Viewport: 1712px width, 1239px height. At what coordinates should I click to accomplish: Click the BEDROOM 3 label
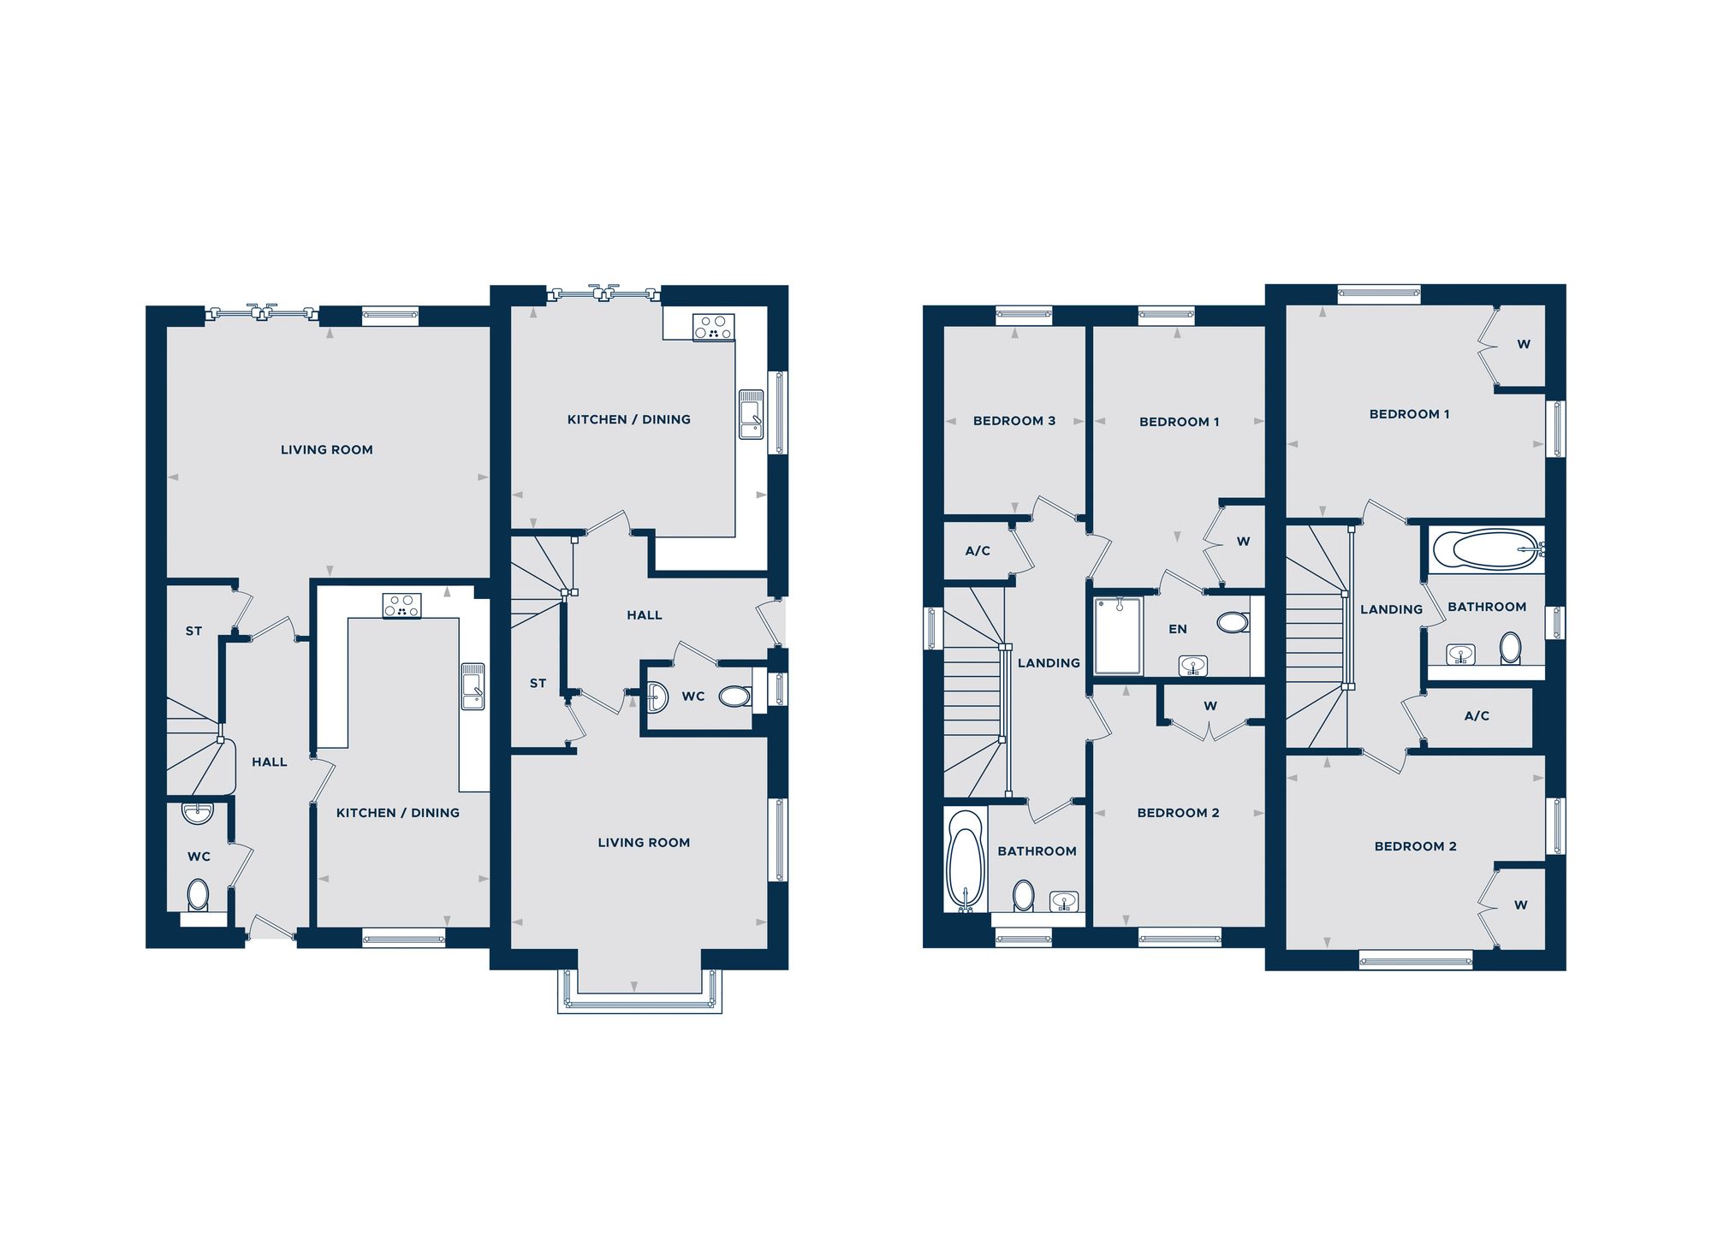pos(1014,420)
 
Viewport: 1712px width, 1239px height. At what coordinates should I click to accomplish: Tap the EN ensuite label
pos(1177,629)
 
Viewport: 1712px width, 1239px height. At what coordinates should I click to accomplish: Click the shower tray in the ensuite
pos(1118,636)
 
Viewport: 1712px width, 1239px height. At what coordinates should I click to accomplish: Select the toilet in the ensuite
pos(1232,622)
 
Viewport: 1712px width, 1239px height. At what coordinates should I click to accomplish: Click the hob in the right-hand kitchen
pos(713,327)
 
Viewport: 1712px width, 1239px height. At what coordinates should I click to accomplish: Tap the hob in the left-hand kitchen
pos(401,606)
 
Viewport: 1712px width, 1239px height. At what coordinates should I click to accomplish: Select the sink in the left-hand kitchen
pos(473,686)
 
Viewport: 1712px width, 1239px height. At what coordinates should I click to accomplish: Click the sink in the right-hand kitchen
pos(751,414)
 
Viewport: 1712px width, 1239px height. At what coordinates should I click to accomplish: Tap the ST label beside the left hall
pos(193,631)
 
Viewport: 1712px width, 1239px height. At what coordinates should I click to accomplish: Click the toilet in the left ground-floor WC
pos(198,896)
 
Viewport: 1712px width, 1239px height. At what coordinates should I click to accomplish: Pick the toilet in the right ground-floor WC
pos(734,697)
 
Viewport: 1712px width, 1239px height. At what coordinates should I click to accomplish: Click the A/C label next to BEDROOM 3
pos(977,550)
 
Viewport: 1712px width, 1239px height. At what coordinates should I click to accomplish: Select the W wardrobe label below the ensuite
pos(1210,706)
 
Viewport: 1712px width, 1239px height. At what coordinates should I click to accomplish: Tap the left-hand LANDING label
pos(1048,662)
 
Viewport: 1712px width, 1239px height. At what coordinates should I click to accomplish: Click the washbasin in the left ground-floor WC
pos(198,813)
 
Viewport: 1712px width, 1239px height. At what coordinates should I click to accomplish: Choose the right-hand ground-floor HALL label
pos(644,614)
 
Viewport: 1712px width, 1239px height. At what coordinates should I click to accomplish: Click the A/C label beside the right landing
pos(1476,715)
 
